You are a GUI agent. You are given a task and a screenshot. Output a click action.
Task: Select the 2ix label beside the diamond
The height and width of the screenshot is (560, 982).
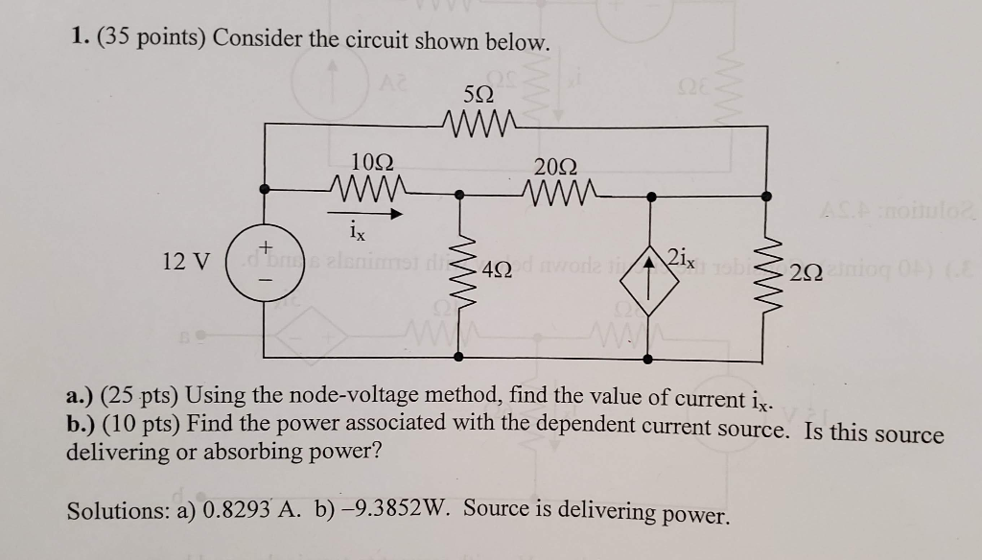pyautogui.click(x=683, y=257)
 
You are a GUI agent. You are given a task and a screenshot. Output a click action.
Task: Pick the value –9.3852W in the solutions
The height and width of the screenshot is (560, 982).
pyautogui.click(x=393, y=511)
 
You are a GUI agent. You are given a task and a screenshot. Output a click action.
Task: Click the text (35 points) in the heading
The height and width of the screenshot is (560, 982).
pyautogui.click(x=149, y=42)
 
